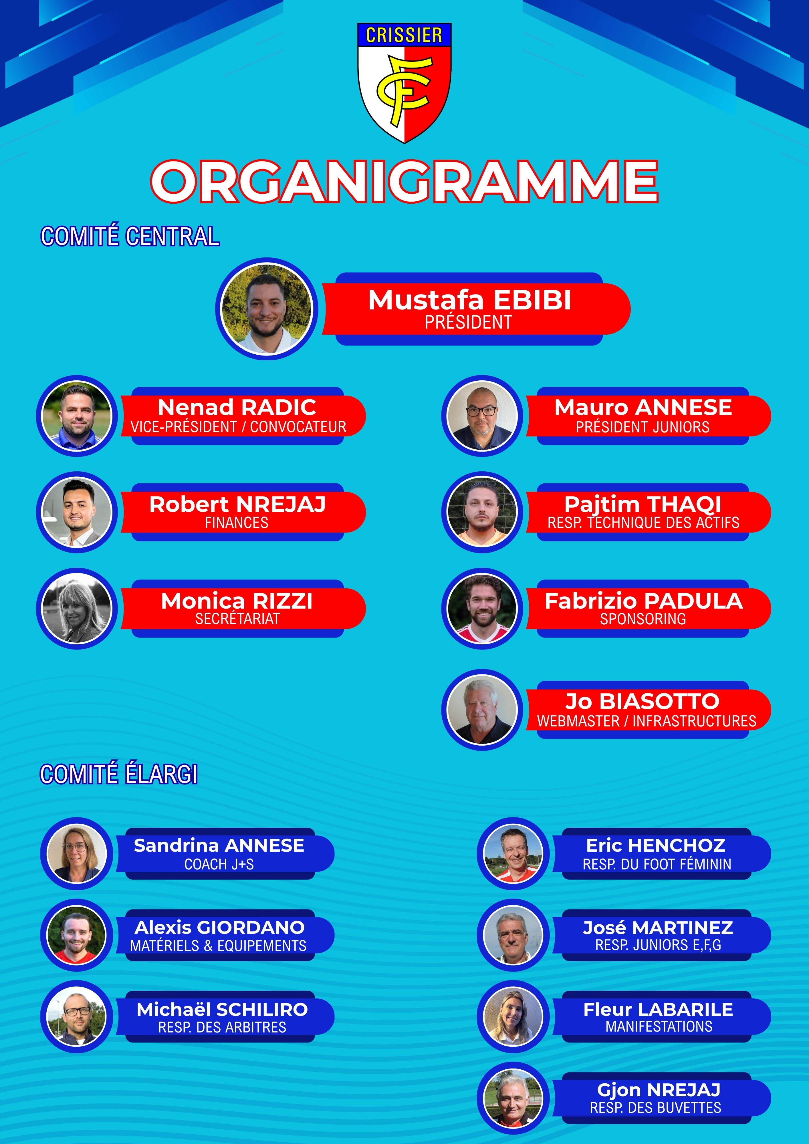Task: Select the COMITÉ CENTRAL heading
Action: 130,236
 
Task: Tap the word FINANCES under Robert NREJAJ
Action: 237,523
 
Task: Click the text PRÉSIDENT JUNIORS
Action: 643,427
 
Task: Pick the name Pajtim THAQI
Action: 643,504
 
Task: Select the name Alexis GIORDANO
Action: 219,927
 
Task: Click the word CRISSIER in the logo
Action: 404,35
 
